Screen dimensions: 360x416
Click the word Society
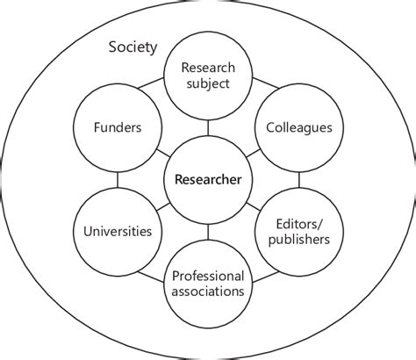click(x=133, y=47)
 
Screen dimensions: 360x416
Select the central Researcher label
click(x=208, y=180)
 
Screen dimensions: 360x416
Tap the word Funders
click(x=118, y=127)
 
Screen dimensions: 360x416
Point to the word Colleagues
click(x=299, y=127)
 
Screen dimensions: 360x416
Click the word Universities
click(x=117, y=232)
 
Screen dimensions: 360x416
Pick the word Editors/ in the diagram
click(x=300, y=223)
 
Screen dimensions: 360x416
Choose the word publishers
click(x=300, y=239)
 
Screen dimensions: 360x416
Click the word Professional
click(x=208, y=276)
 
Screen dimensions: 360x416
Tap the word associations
click(x=208, y=292)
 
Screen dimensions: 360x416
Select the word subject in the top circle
click(x=209, y=84)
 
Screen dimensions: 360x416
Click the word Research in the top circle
click(x=209, y=68)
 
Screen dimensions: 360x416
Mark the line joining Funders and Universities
click(x=118, y=180)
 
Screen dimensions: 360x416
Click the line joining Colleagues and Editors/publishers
click(x=299, y=180)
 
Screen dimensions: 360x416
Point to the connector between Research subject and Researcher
click(x=208, y=129)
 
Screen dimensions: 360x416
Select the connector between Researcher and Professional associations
click(x=208, y=233)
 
